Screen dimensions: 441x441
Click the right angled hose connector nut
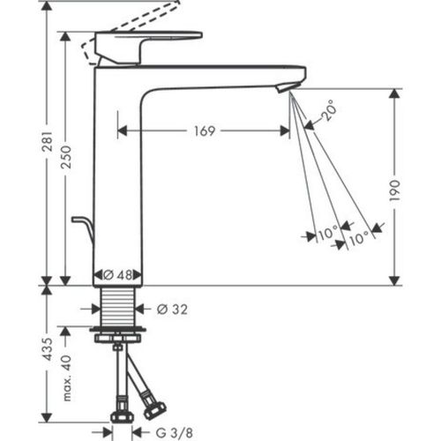tap(154, 408)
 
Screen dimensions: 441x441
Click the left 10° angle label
tap(328, 235)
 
